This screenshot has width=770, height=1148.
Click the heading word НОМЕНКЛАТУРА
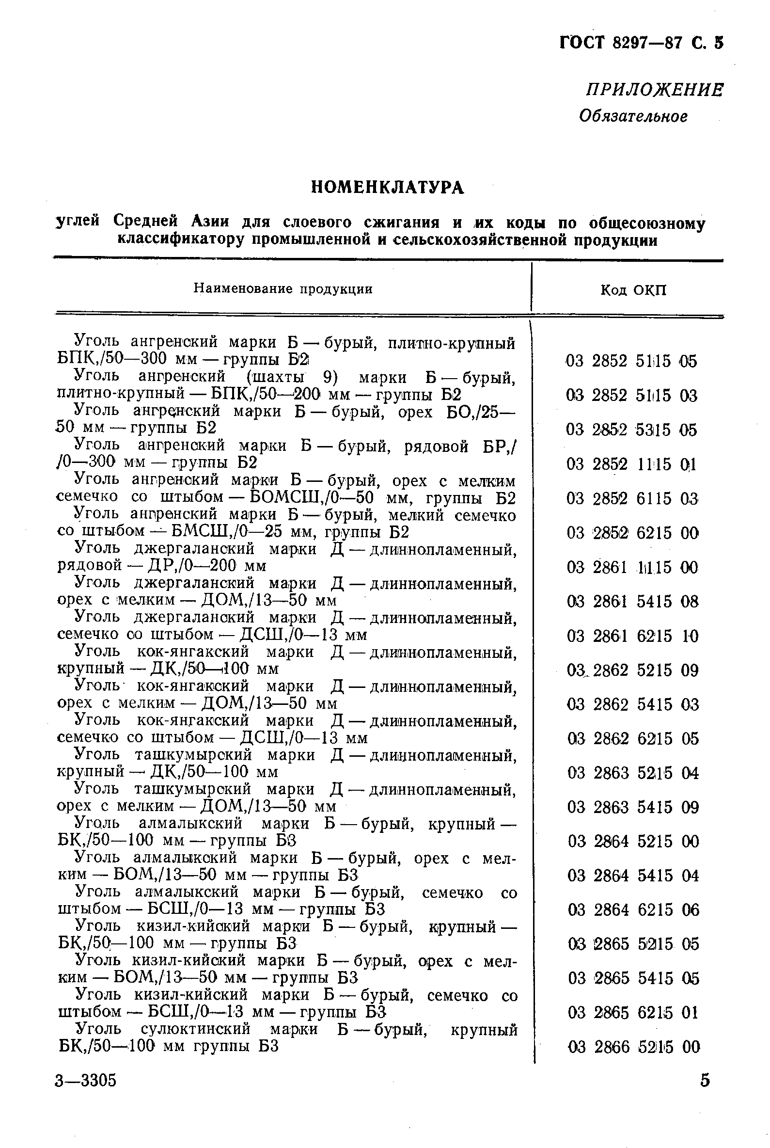coord(388,187)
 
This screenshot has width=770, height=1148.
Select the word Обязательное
coord(633,116)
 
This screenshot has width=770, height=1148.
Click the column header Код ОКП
coord(633,290)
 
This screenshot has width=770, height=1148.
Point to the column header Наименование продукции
coord(283,289)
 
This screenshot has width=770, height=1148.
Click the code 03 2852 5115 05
coord(631,362)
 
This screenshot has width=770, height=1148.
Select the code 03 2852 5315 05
coord(631,430)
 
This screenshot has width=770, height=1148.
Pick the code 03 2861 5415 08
coord(632,602)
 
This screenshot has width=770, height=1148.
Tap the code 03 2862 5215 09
coord(632,670)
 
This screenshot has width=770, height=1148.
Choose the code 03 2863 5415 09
coord(633,808)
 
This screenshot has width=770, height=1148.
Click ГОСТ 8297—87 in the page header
coord(621,44)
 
